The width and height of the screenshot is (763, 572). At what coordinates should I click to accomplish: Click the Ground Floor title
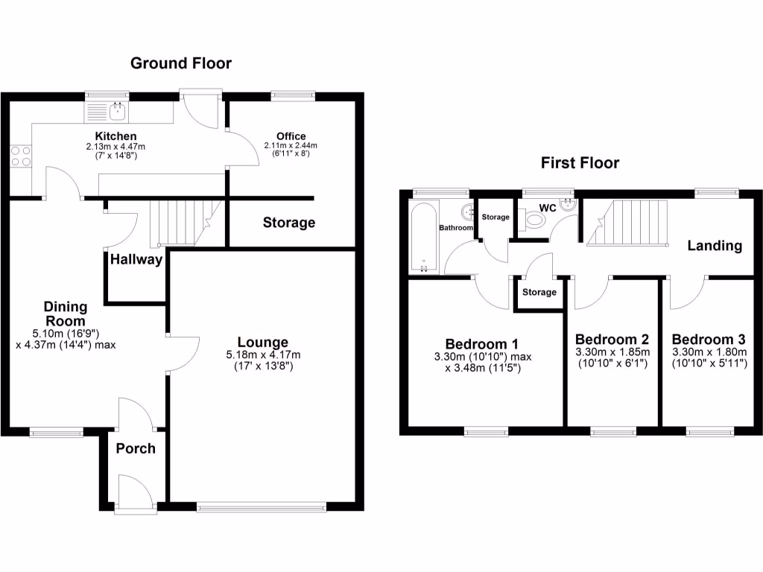click(x=181, y=63)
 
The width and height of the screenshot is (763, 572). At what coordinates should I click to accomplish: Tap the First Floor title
click(x=580, y=162)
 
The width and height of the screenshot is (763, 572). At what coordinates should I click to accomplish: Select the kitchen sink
click(x=116, y=112)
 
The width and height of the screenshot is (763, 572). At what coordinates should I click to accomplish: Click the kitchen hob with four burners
click(x=21, y=155)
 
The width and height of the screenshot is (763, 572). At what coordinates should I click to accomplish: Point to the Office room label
click(x=291, y=136)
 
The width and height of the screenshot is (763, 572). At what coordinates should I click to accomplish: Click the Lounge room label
click(x=263, y=343)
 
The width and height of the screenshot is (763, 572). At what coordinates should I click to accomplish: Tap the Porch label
click(x=136, y=448)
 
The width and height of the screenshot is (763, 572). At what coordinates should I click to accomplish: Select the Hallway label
click(x=136, y=260)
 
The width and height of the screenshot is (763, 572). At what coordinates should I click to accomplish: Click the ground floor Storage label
click(x=289, y=223)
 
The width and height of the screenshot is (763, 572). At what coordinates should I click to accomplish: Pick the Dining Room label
click(x=66, y=314)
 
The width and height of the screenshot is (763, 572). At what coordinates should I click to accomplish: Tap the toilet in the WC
click(x=535, y=220)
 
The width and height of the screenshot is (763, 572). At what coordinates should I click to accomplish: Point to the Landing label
click(x=715, y=246)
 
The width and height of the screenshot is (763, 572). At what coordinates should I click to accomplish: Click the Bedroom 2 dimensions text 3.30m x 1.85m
click(x=613, y=352)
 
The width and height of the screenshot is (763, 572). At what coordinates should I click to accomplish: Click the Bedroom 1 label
click(x=481, y=343)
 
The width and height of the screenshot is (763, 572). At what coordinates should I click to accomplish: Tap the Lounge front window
click(x=262, y=508)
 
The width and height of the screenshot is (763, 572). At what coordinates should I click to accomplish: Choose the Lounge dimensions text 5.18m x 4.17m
click(x=263, y=355)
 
